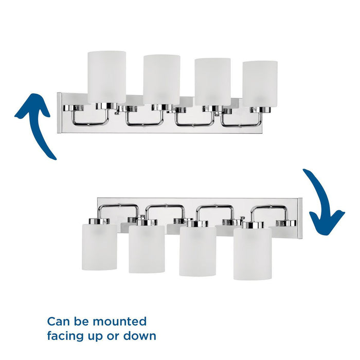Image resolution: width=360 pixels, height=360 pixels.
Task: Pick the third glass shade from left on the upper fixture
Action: pos(212,81)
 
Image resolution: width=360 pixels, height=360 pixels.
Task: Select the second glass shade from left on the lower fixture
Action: pos(147,249)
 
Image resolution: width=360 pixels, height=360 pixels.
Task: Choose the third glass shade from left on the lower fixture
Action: pos(197,251)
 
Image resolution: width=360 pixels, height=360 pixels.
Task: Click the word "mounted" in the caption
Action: pos(120,322)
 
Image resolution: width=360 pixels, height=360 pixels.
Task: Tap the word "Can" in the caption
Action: pos(58,322)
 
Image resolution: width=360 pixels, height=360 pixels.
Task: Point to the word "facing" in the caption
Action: pos(66,336)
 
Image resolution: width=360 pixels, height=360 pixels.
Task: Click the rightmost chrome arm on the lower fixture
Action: pos(268,210)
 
